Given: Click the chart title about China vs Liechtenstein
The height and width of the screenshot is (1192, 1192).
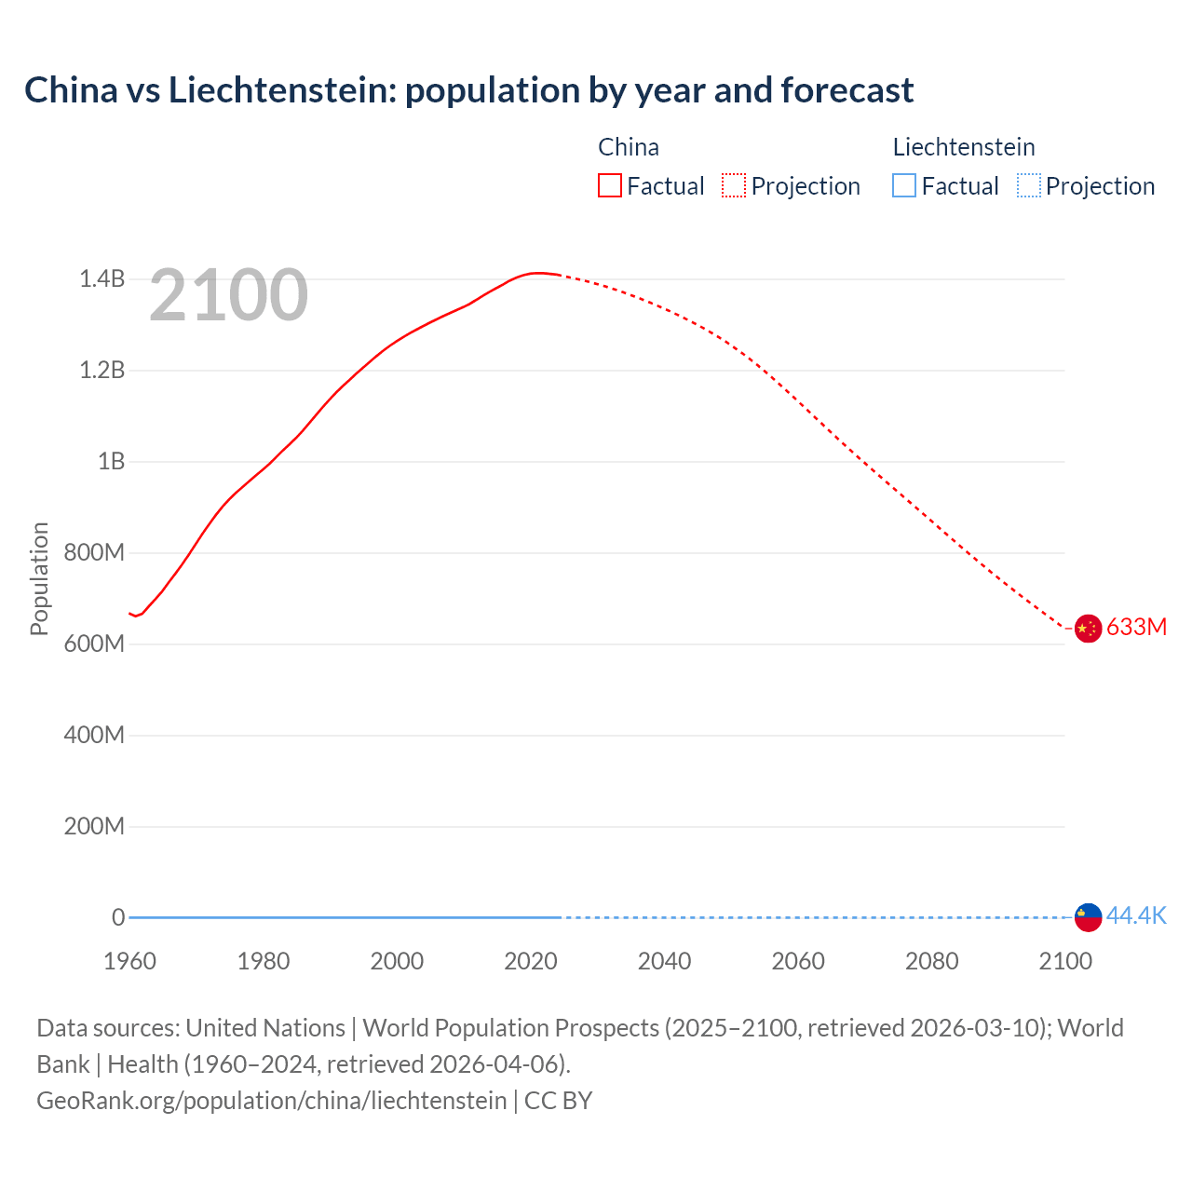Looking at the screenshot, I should tap(468, 90).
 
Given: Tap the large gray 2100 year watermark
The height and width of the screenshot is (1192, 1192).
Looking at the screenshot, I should tap(228, 295).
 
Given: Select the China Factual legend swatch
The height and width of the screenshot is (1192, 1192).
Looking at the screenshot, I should tap(609, 185).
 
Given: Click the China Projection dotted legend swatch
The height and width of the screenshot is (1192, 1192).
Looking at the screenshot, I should tap(734, 185).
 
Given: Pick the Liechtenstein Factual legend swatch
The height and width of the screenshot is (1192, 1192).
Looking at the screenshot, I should tap(904, 185).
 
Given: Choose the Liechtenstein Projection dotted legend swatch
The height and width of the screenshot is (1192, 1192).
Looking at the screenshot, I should tap(1028, 185).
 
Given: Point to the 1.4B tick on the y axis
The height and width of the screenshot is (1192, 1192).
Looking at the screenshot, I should tap(102, 278).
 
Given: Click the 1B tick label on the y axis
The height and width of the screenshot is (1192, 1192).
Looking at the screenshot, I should tap(111, 461).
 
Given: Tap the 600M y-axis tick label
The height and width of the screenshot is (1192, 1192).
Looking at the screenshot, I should tap(94, 643).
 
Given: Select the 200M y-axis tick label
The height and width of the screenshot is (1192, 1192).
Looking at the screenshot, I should tap(94, 826).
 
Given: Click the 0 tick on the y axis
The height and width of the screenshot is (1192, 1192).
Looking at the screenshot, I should tap(118, 917).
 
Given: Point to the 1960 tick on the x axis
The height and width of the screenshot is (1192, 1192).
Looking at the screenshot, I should tap(129, 961).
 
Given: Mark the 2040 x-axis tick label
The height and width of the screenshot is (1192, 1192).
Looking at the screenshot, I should tap(664, 961).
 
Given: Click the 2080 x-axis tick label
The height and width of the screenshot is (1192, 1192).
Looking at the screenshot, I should tap(931, 961).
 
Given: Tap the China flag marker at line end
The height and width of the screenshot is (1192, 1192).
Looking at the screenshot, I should tap(1088, 629).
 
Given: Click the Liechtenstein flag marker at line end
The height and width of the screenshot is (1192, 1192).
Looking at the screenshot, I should tap(1088, 917).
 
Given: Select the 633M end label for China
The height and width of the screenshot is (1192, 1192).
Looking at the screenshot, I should tap(1136, 627).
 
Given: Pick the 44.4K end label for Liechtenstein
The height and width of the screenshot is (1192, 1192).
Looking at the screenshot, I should tap(1136, 915).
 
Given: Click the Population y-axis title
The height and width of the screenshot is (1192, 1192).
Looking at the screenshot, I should tap(39, 578).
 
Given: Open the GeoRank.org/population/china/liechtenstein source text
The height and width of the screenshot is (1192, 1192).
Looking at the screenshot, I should tap(272, 1101).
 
